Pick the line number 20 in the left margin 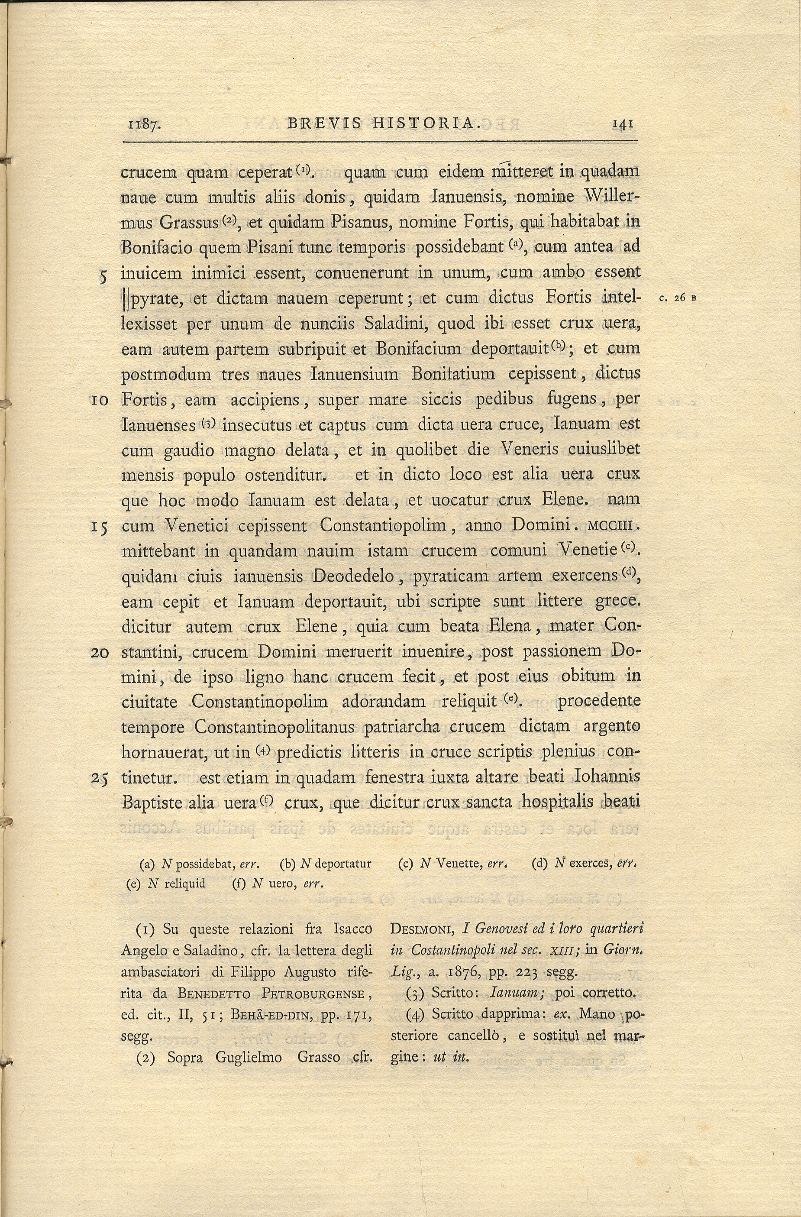coord(99,654)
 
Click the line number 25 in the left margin coord(99,779)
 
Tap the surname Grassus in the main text coord(189,223)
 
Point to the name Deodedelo coord(353,576)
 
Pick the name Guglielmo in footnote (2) coord(249,1057)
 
